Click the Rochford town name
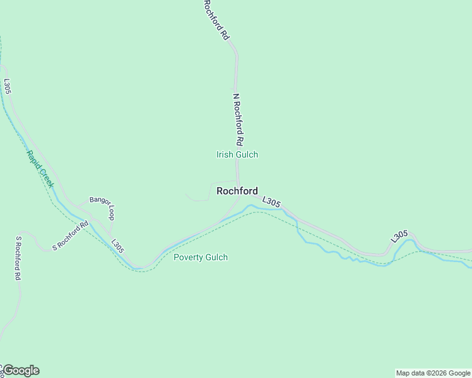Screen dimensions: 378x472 [237, 191]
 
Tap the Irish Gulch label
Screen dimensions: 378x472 [237, 154]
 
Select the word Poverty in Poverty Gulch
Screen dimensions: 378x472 [187, 257]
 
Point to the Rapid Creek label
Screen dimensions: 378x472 [40, 169]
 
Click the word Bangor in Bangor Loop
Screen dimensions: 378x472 [98, 200]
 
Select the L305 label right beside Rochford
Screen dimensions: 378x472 [271, 202]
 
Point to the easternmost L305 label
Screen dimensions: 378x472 [399, 236]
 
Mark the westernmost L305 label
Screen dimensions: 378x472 [8, 86]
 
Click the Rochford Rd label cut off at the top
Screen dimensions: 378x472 [215, 20]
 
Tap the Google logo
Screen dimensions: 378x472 [21, 370]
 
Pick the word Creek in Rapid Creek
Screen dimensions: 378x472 [46, 178]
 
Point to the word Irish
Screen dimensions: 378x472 [225, 154]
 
